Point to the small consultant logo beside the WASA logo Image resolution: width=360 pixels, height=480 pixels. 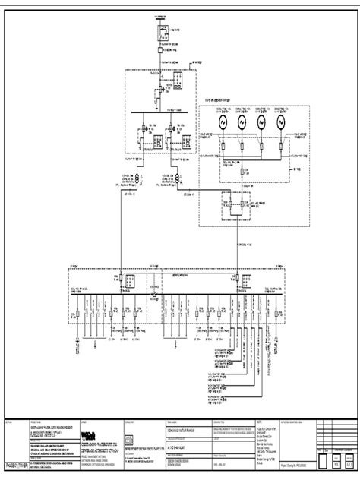[x=128, y=439]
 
